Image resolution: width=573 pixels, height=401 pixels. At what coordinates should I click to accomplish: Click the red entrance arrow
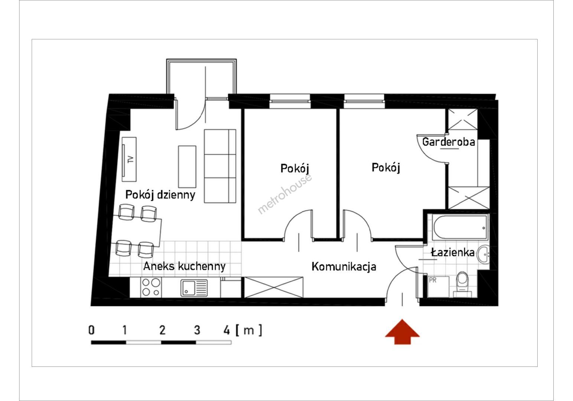403,332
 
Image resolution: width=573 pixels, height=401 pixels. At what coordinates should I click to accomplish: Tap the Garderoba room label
449,142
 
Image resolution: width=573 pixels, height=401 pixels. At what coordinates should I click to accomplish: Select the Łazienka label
453,252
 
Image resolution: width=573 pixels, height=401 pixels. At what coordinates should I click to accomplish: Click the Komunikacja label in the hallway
344,267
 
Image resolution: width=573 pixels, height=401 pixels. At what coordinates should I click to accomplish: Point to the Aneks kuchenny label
185,266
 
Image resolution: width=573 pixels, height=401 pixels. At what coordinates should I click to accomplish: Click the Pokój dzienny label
160,195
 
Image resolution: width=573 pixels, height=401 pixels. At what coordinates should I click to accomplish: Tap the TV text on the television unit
130,159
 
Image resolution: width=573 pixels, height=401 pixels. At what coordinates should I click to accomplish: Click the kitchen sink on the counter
194,288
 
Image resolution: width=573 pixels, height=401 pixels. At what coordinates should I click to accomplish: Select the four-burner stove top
151,287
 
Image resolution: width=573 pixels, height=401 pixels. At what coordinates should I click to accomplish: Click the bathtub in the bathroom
460,227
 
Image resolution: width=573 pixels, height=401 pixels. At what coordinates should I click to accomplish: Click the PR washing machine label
433,280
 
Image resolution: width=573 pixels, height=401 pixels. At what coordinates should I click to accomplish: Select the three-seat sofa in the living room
220,166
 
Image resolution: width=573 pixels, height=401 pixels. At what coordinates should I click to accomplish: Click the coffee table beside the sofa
187,167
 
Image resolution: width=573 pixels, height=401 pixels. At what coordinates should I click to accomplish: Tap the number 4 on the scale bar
227,330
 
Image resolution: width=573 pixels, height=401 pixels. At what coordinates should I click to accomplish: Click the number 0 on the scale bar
91,330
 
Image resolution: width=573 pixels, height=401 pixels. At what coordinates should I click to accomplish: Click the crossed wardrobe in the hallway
273,287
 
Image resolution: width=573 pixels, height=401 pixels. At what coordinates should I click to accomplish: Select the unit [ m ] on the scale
249,330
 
